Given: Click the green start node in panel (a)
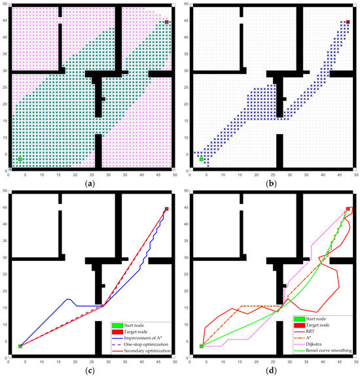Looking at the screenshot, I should [x=20, y=159].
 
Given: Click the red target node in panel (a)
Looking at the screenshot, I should [x=167, y=22].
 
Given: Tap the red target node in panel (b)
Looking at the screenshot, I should [x=348, y=22].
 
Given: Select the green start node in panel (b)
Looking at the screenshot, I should [x=201, y=159].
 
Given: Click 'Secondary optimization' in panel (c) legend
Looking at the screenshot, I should [x=145, y=350].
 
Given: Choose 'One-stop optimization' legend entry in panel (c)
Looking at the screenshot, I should [x=144, y=342].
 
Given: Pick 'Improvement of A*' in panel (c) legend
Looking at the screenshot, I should [x=140, y=334].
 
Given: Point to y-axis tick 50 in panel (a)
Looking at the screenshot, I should [x=5, y=5].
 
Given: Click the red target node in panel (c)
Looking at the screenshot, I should [x=167, y=209].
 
